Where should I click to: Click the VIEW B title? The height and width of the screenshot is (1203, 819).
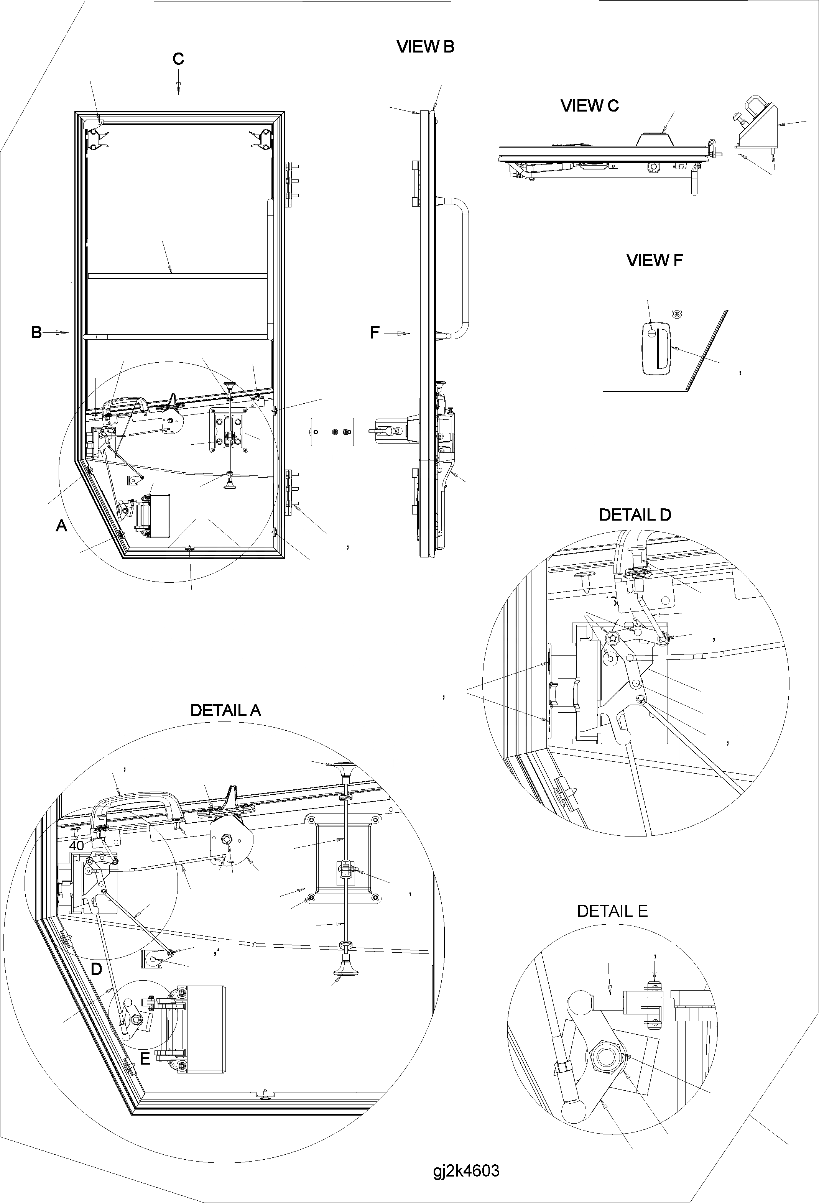point(425,47)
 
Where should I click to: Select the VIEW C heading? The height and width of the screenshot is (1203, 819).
point(589,105)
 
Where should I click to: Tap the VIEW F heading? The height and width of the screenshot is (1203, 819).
point(655,260)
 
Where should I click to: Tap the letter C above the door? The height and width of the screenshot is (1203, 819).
point(178,59)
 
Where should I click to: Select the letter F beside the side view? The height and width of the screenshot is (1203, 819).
point(375,333)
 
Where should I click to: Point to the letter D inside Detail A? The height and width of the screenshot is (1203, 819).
point(96,970)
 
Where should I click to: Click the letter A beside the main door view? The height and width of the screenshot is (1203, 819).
point(62,526)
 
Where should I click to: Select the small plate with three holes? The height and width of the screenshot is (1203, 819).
point(332,432)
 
